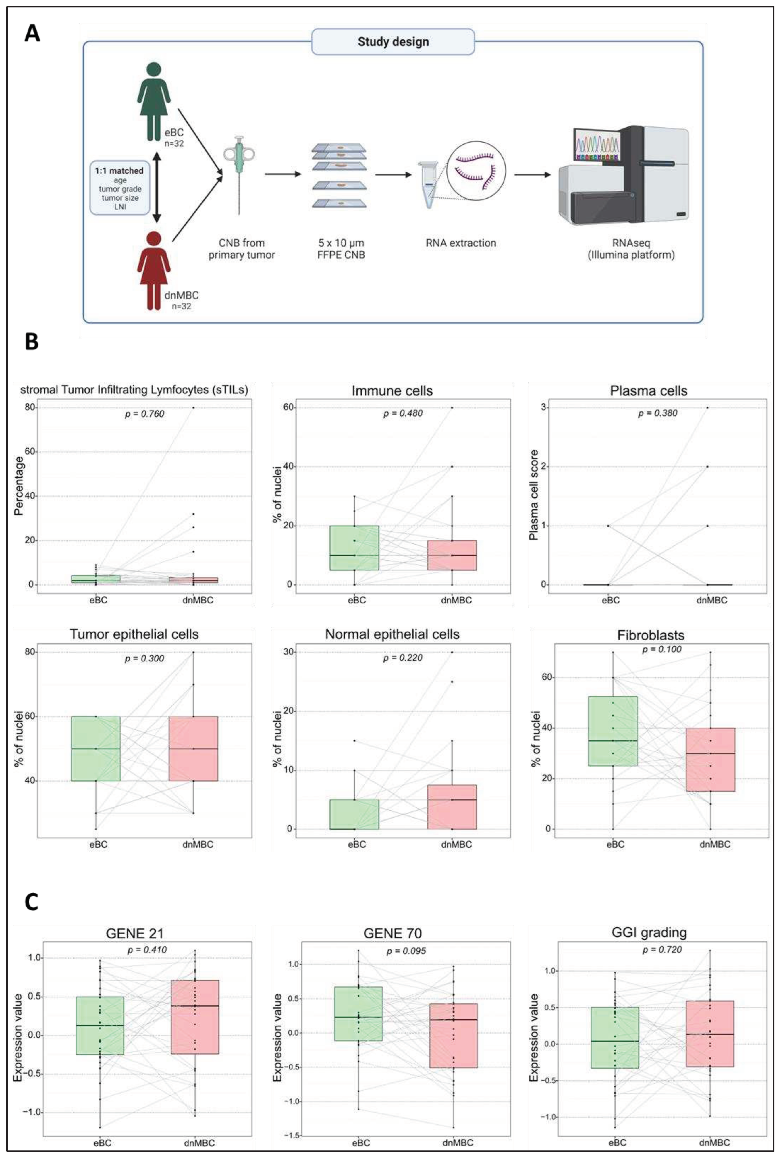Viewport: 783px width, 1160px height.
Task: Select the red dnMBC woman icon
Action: [154, 270]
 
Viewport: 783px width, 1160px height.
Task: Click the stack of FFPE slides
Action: [339, 175]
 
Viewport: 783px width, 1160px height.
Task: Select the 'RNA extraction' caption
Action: [461, 243]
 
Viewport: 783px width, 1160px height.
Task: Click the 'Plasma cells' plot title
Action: [648, 391]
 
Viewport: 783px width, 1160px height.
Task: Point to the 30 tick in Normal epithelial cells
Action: [288, 652]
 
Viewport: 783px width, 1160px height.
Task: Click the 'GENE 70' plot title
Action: [392, 933]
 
